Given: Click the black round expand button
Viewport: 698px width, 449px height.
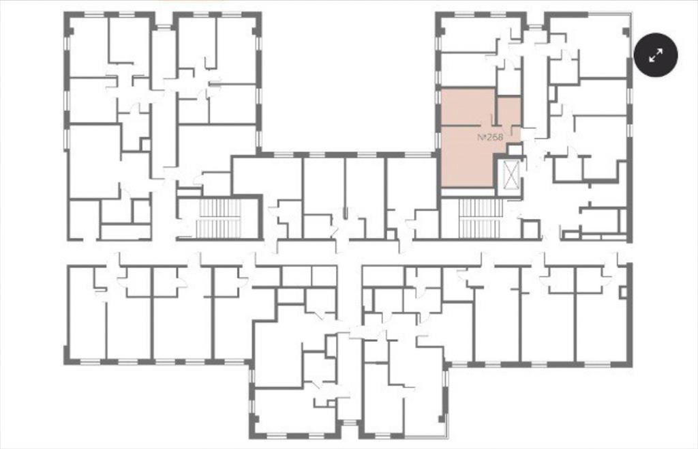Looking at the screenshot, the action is (x=655, y=55).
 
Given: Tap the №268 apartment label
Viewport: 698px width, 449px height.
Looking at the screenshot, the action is (x=490, y=138).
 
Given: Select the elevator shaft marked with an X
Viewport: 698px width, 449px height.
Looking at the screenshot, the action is (x=511, y=175).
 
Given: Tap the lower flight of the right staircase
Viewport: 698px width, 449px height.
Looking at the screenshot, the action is (x=481, y=228).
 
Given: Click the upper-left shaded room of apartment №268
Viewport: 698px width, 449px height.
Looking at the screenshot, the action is (x=467, y=107).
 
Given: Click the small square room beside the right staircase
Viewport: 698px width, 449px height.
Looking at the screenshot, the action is (x=530, y=229).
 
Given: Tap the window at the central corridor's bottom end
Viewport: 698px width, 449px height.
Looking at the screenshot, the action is (x=350, y=422).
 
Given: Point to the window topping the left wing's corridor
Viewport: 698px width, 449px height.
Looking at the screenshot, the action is (x=164, y=27).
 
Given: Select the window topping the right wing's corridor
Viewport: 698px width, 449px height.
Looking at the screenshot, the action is (x=534, y=27).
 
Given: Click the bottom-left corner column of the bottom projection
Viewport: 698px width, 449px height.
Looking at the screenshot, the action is (x=254, y=420).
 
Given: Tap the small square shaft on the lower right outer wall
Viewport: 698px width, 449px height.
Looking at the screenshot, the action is (x=623, y=292).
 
